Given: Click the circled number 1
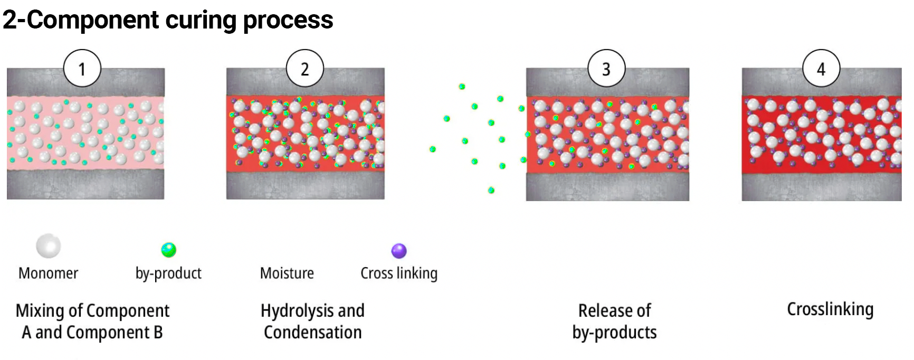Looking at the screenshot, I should click(82, 69).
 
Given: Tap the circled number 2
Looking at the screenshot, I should click(304, 69).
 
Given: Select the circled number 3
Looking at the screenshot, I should click(606, 69).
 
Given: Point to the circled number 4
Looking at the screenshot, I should click(821, 69).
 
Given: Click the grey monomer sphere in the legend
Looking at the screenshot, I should click(49, 246).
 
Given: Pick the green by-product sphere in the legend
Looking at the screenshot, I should click(169, 250).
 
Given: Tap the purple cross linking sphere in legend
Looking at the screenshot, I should click(399, 251).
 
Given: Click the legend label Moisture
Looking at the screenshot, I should click(287, 273).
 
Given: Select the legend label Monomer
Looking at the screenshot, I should click(48, 273).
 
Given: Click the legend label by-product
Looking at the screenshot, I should click(168, 273).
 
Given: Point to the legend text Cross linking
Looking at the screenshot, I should click(399, 273).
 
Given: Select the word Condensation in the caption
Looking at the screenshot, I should click(312, 333).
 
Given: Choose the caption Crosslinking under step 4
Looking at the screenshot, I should click(830, 309).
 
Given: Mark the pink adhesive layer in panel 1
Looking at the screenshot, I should click(84, 132).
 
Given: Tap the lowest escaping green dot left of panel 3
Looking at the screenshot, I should click(491, 190).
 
